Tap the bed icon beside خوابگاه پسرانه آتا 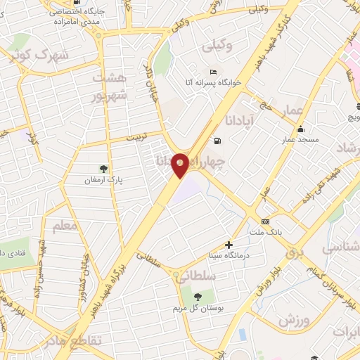point(213,72)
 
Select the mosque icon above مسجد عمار point(301,129)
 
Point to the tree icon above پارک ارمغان point(104,167)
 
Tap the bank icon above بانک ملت point(265,221)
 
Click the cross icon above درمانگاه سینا point(229,245)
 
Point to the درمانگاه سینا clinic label point(226,255)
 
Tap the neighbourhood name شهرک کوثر point(34,55)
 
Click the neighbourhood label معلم point(65,227)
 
